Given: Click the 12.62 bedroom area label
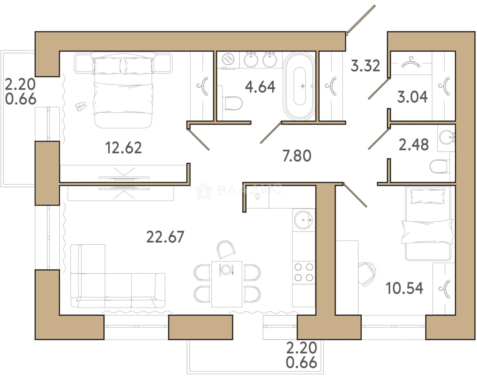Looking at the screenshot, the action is pyautogui.click(x=124, y=148).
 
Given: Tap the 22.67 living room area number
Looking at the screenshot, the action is pyautogui.click(x=165, y=237).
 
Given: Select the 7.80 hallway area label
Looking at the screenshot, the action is pyautogui.click(x=297, y=156).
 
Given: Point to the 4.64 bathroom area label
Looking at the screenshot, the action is pyautogui.click(x=260, y=87).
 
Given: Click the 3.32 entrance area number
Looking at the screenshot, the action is pyautogui.click(x=365, y=65).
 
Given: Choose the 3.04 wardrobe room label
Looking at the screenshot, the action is pyautogui.click(x=412, y=97).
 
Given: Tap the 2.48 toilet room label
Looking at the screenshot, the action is pyautogui.click(x=413, y=145).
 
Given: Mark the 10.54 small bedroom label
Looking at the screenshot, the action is pyautogui.click(x=404, y=288).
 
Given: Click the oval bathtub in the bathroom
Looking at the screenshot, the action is pyautogui.click(x=300, y=86).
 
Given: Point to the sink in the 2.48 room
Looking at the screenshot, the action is pyautogui.click(x=447, y=137).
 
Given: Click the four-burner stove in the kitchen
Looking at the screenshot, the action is pyautogui.click(x=304, y=273).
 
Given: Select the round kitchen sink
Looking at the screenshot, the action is pyautogui.click(x=303, y=220).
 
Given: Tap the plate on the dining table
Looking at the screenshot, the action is pyautogui.click(x=226, y=270).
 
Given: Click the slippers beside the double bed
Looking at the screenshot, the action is pyautogui.click(x=81, y=106).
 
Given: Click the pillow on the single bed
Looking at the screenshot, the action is pyautogui.click(x=428, y=196).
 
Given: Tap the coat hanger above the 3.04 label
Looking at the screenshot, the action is pyautogui.click(x=411, y=62).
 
